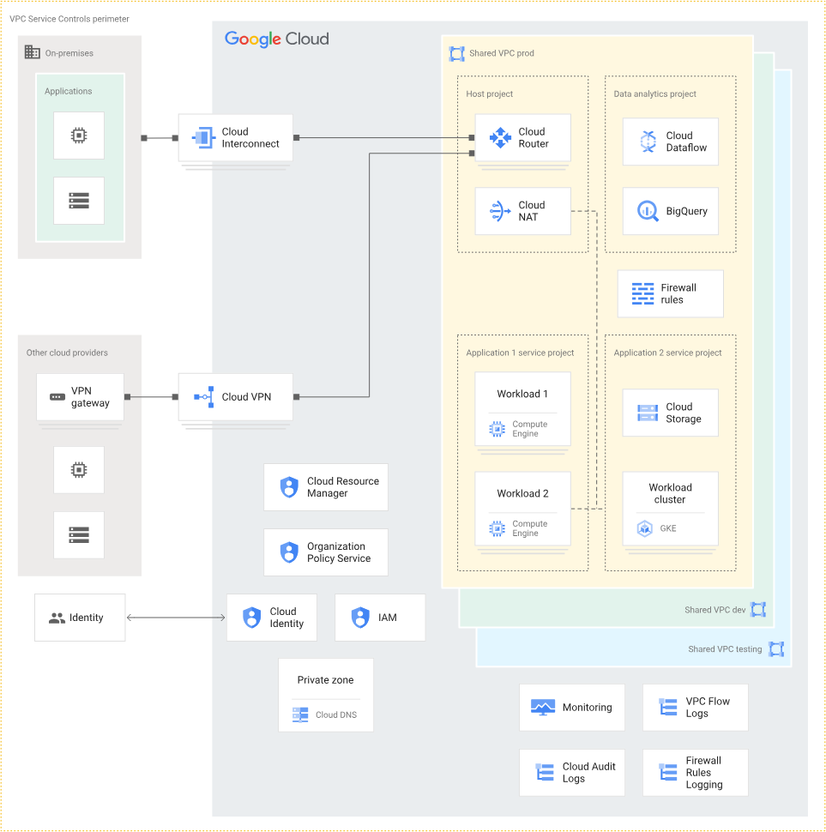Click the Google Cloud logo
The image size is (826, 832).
[276, 39]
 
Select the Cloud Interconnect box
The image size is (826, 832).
[236, 137]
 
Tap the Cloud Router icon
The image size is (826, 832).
[500, 137]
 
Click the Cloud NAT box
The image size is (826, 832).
[522, 211]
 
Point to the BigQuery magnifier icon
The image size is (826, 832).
[648, 211]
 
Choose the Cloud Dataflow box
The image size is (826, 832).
[670, 142]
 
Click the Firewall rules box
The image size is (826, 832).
[670, 293]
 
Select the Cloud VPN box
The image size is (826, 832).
[236, 397]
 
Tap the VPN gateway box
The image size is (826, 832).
[80, 397]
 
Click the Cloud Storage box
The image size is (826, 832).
[670, 413]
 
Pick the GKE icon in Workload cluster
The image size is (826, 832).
[644, 528]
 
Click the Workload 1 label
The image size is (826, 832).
[522, 394]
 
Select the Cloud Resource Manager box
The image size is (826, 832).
[326, 487]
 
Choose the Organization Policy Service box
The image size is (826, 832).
[326, 552]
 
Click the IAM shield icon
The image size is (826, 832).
[360, 618]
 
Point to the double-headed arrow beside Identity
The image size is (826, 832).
[176, 618]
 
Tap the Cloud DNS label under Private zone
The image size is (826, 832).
[336, 714]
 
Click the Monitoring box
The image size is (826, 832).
[572, 708]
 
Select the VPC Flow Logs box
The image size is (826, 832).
[696, 708]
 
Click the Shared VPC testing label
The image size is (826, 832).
[725, 649]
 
